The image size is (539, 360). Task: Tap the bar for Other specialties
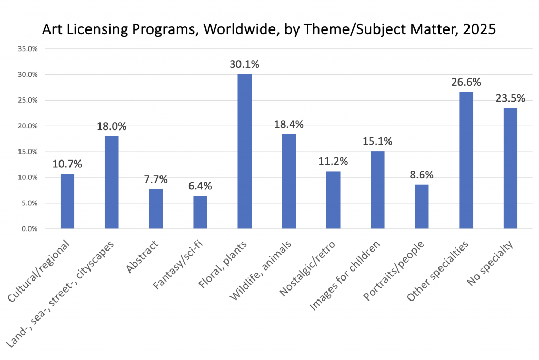click(466, 161)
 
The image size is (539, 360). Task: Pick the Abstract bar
click(156, 209)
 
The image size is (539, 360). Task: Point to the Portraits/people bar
click(422, 206)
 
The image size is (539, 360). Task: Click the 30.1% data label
click(244, 65)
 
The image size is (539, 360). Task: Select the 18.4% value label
click(288, 125)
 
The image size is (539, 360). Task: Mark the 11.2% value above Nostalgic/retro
click(333, 162)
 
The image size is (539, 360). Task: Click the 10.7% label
click(67, 164)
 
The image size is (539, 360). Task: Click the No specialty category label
click(490, 263)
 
